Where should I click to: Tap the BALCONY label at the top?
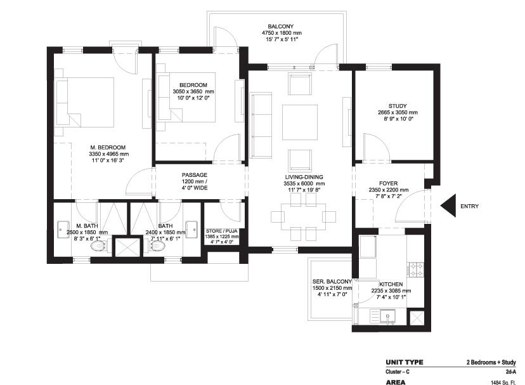pyautogui.click(x=280, y=26)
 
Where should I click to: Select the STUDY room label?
pyautogui.click(x=398, y=106)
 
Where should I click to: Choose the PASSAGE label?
pyautogui.click(x=195, y=175)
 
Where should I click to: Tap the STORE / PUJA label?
pyautogui.click(x=221, y=230)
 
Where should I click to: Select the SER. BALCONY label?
pyautogui.click(x=330, y=282)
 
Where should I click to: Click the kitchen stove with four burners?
pyautogui.click(x=417, y=269)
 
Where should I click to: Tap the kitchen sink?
pyautogui.click(x=386, y=315)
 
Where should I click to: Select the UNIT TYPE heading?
pyautogui.click(x=404, y=362)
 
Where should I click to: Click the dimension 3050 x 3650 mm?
pyautogui.click(x=193, y=92)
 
